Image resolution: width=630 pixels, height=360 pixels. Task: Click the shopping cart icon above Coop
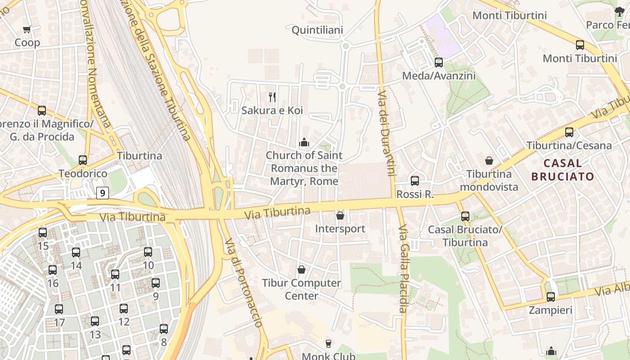pos(27,30)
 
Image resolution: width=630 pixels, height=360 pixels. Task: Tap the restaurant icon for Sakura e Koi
pos(272,97)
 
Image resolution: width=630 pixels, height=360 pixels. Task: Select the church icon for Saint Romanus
pos(304,142)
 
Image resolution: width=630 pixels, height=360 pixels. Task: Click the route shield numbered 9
pos(103,193)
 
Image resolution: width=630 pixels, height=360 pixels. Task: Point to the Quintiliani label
pos(317,30)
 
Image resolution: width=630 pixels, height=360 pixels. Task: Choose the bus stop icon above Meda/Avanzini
pos(438,63)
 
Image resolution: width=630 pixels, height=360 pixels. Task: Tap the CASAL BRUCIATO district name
pos(562,170)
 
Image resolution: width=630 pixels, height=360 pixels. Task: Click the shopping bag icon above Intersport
pos(340,216)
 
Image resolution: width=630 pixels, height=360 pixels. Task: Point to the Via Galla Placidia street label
pos(403,269)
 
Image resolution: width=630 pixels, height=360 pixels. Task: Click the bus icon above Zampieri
pos(550,297)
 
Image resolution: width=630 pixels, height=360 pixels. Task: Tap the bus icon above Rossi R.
pos(414,181)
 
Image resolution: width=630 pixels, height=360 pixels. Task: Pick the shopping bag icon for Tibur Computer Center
pos(301,270)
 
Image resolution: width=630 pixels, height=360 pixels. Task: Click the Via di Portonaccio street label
pos(243,283)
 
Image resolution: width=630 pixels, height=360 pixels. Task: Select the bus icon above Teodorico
pos(83,160)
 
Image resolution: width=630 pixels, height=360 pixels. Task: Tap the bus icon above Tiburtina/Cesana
pos(569,132)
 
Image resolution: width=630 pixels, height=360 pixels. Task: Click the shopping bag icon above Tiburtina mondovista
pos(489,161)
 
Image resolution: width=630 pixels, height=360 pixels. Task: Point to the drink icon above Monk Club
pos(328,344)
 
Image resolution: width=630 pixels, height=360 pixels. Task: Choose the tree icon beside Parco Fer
pos(620,12)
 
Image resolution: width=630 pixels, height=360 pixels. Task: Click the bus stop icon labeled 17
pos(59,309)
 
